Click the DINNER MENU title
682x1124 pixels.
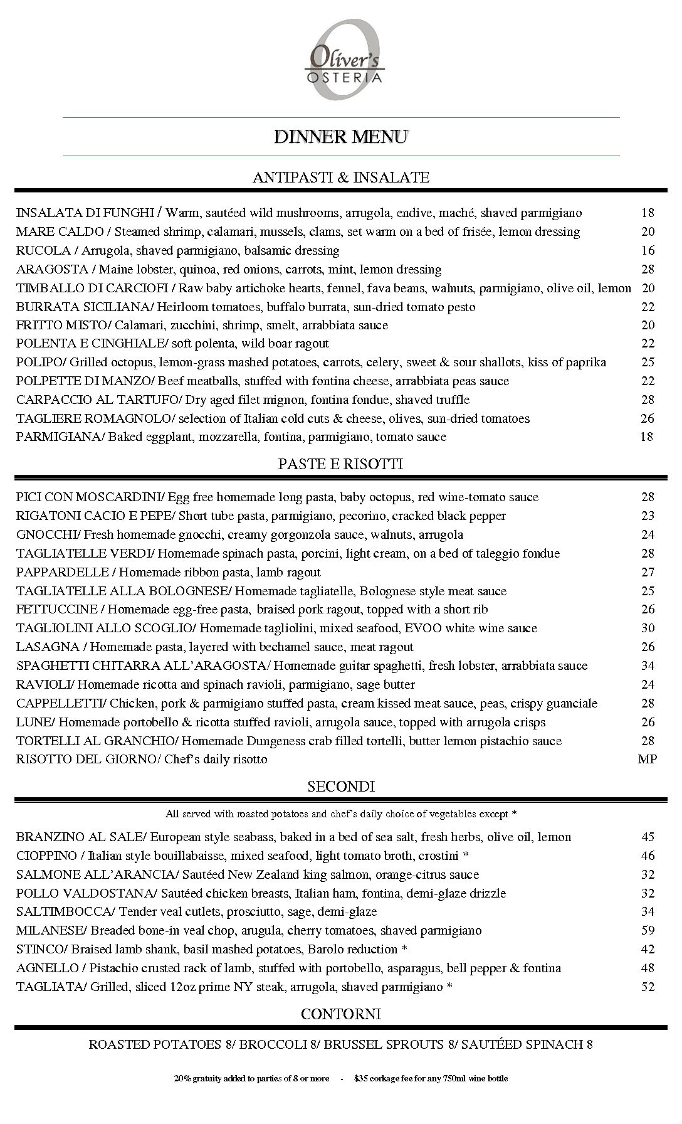point(341,137)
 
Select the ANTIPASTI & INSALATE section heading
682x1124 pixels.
point(341,178)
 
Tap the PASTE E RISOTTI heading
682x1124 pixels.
point(340,464)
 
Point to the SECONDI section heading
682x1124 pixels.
point(341,787)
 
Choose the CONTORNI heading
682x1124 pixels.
point(341,1014)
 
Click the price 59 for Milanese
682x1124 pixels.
point(648,931)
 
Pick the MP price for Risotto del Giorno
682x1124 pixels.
point(648,760)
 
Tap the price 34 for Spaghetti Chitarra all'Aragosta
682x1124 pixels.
point(648,666)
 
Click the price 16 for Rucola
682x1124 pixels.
point(648,251)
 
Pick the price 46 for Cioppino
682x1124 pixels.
point(648,856)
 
